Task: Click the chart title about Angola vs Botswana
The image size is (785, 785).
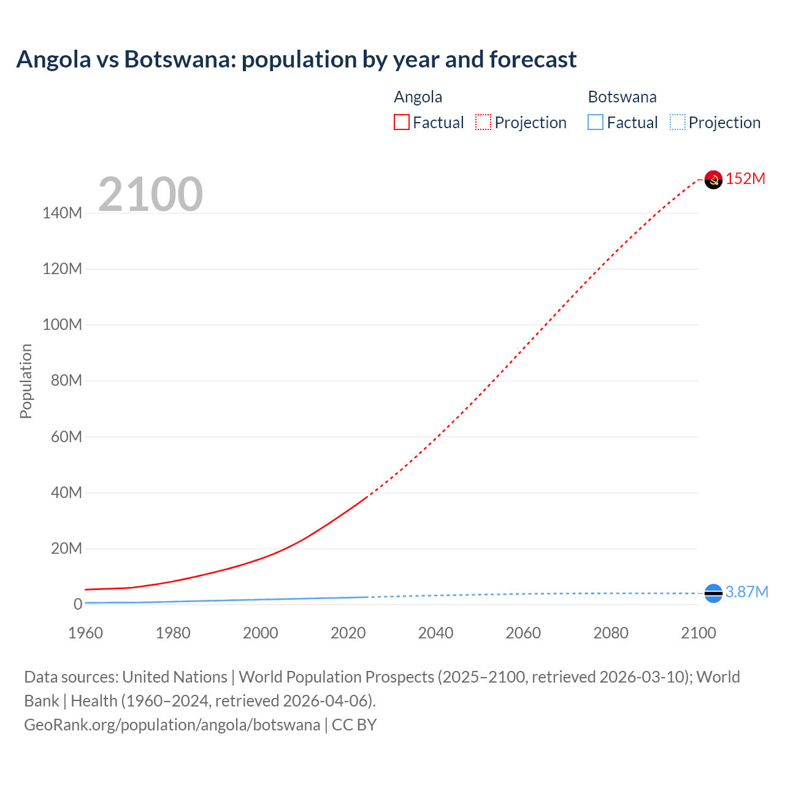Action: coord(296,59)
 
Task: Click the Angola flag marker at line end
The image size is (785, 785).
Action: coord(713,180)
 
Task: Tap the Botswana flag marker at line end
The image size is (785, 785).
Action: coord(713,593)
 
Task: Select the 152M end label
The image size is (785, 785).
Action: coord(745,178)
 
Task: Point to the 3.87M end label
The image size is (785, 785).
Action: coord(746,592)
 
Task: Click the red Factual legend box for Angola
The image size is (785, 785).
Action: coord(402,123)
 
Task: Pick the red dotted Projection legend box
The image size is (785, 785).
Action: coord(483,123)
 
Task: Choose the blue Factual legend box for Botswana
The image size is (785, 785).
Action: coord(595,123)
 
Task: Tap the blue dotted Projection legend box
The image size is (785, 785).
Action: coord(678,123)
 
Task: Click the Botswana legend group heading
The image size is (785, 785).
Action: coord(622,97)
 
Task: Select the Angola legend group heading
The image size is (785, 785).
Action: coord(418,97)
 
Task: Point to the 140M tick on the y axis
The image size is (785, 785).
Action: coord(62,213)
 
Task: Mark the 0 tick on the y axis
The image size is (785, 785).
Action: coord(78,604)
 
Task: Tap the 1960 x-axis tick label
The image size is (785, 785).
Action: coord(85,633)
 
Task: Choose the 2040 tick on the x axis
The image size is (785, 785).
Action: coord(435,633)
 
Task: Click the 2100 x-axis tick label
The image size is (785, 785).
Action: coord(698,633)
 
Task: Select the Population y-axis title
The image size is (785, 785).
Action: coord(26,381)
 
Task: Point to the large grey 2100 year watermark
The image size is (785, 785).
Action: coord(150,194)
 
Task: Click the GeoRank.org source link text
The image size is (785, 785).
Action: coord(172,725)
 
